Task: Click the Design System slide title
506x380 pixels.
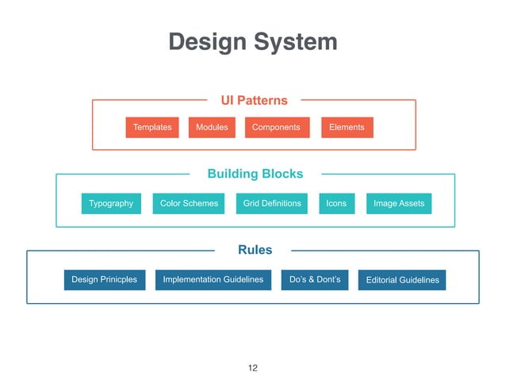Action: pyautogui.click(x=253, y=42)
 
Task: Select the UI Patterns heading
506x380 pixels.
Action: pyautogui.click(x=254, y=101)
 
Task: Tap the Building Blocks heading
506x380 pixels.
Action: pyautogui.click(x=255, y=174)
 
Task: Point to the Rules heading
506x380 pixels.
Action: pyautogui.click(x=255, y=250)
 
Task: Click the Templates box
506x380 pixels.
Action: pyautogui.click(x=152, y=128)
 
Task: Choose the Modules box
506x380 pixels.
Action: pyautogui.click(x=212, y=128)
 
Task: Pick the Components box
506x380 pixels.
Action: pyautogui.click(x=276, y=128)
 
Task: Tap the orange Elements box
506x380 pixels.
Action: pyautogui.click(x=347, y=128)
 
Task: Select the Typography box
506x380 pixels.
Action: pyautogui.click(x=111, y=204)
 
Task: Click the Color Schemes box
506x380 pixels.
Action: pyautogui.click(x=189, y=204)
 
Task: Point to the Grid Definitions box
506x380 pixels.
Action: pyautogui.click(x=272, y=204)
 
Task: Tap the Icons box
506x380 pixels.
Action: pyautogui.click(x=336, y=204)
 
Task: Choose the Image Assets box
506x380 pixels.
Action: pyautogui.click(x=399, y=204)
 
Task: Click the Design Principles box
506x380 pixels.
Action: pyautogui.click(x=104, y=280)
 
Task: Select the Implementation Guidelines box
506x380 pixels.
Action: pyautogui.click(x=213, y=280)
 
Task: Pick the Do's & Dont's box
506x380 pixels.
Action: pyautogui.click(x=315, y=280)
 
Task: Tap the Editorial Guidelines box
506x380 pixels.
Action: pyautogui.click(x=402, y=280)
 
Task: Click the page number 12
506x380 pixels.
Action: pyautogui.click(x=253, y=368)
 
